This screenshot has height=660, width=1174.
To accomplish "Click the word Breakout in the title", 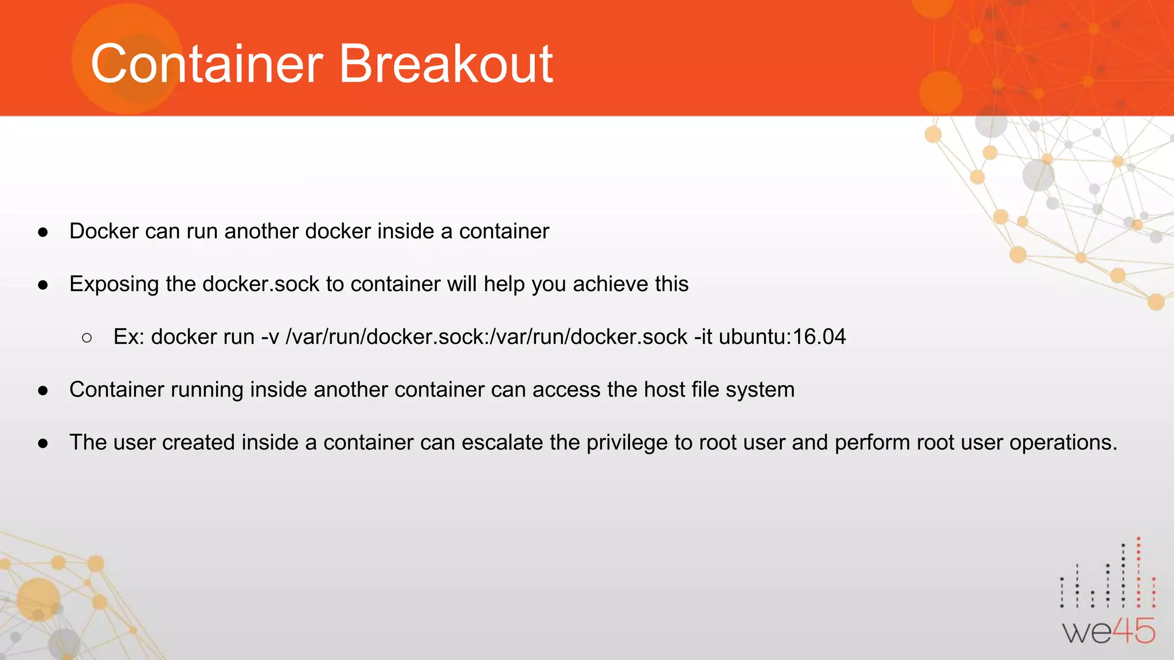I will click(x=446, y=64).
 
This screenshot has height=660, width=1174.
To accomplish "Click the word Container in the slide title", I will click(x=207, y=64).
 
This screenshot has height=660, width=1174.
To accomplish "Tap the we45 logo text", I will click(x=1109, y=632).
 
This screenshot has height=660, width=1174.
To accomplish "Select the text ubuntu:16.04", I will click(x=782, y=337).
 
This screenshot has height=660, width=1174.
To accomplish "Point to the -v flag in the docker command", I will click(x=269, y=337).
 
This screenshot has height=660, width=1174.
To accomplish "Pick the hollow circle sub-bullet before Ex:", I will click(x=87, y=338).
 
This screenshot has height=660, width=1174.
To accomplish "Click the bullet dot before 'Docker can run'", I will click(x=43, y=232).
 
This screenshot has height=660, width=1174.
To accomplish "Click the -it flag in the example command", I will click(x=703, y=337).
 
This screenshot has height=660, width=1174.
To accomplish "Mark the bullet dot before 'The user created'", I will click(x=43, y=443).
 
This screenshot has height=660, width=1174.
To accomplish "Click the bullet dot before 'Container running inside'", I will click(x=43, y=391).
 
